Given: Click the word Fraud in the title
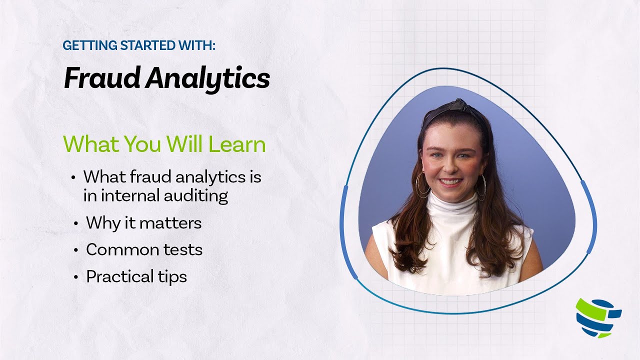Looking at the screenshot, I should pos(101,78).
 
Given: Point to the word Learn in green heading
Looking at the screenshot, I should pos(237,144).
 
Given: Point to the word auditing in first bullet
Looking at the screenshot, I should pos(196,195).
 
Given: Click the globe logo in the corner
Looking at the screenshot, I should pos(598,318).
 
